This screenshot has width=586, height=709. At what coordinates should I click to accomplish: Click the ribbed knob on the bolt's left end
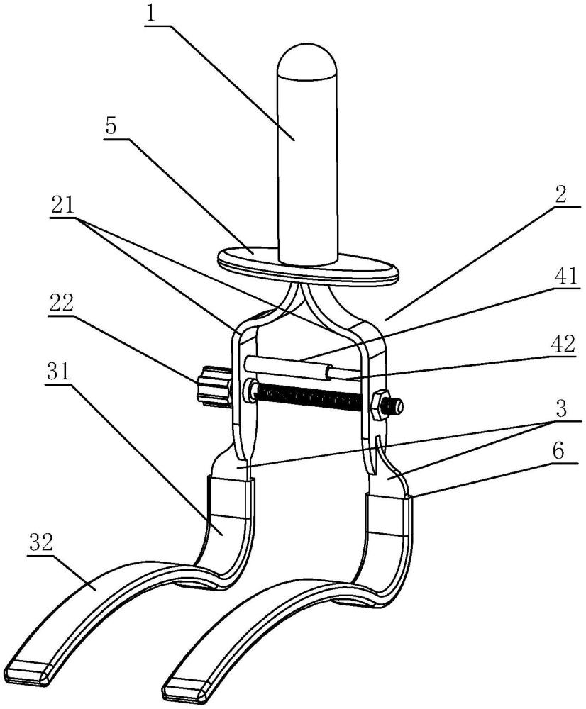[x=212, y=387]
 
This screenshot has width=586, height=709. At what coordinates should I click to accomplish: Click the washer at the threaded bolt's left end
[x=250, y=389]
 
